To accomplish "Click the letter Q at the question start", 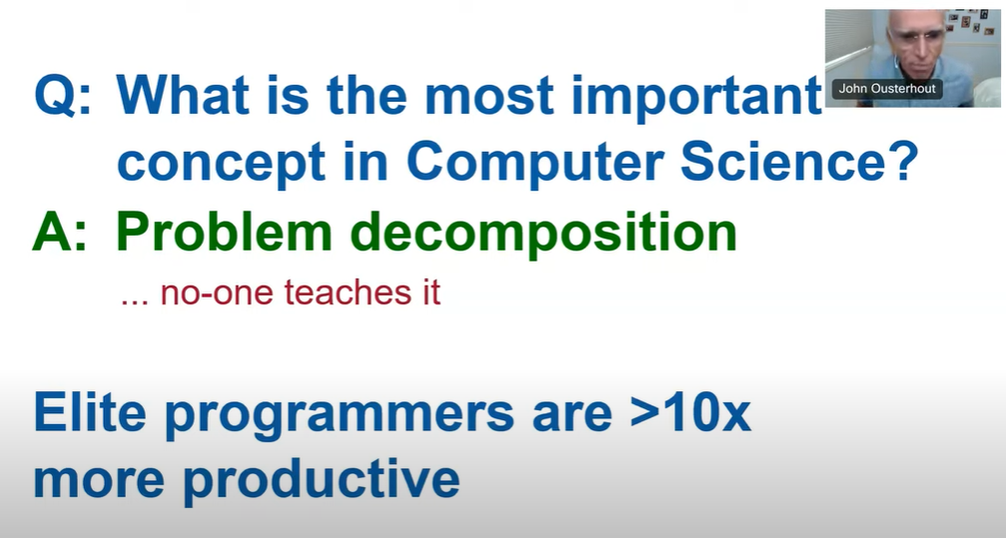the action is [55, 96].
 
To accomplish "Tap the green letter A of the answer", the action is [51, 232].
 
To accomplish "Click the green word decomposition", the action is [543, 235].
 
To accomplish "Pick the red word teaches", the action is [344, 292].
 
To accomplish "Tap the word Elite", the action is [90, 413].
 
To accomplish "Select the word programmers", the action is [339, 416].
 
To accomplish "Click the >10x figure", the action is [690, 413].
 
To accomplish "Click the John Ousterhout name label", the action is [887, 89].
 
